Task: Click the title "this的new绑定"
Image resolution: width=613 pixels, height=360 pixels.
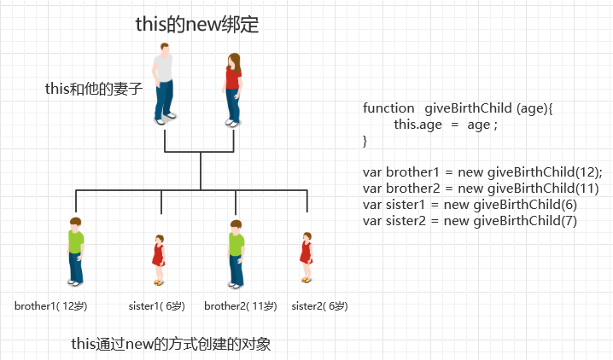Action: [196, 25]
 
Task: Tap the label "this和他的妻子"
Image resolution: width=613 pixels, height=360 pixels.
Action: [94, 89]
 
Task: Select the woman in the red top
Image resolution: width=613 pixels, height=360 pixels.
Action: [233, 87]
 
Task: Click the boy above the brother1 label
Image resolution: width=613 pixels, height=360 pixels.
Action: [76, 251]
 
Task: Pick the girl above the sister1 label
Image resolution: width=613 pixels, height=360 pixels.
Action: [158, 259]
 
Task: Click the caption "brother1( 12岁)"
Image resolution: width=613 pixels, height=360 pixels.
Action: [51, 305]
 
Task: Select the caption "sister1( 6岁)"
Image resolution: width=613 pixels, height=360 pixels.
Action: [156, 305]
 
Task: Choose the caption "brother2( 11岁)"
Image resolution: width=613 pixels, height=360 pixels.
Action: [241, 305]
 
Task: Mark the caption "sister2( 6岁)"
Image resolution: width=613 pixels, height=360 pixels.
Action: [319, 305]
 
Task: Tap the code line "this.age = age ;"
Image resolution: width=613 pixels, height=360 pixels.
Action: [445, 125]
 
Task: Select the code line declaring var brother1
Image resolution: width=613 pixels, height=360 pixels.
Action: [482, 171]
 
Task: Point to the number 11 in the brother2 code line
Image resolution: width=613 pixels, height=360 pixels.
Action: [588, 188]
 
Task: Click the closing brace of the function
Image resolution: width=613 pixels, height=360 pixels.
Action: [365, 140]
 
